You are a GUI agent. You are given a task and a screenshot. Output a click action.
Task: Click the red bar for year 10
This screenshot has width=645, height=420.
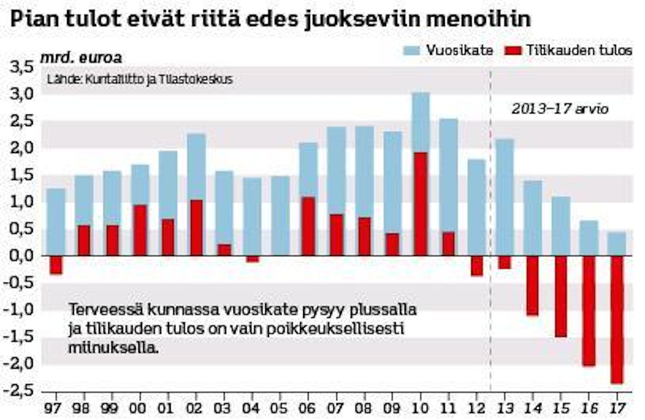[420, 203]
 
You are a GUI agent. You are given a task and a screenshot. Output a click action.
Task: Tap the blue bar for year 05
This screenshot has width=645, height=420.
[280, 215]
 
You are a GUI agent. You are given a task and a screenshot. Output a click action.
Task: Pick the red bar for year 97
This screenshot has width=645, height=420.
[56, 264]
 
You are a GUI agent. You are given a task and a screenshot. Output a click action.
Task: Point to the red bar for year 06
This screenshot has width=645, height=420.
[308, 226]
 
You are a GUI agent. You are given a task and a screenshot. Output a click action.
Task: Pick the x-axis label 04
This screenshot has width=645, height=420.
[252, 406]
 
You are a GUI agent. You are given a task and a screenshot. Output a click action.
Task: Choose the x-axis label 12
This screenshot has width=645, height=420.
[476, 406]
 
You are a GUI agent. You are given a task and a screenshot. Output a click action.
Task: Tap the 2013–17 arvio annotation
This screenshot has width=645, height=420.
[560, 110]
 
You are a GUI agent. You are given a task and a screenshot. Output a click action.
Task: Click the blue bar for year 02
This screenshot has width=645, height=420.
[196, 167]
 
